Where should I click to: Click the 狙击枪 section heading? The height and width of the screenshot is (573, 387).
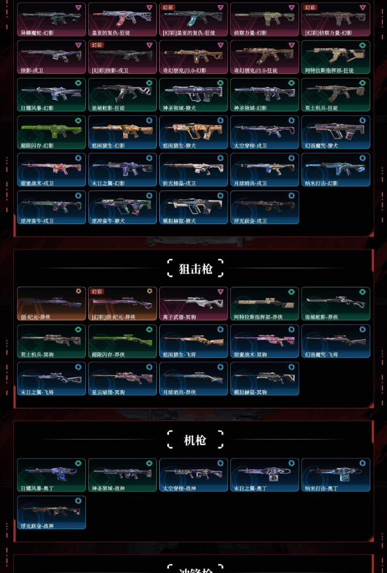195,268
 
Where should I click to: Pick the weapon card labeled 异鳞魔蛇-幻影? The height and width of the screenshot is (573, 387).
51,19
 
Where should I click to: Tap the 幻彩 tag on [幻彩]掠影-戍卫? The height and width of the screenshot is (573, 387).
97,44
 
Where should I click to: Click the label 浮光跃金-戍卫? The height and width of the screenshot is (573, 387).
250,221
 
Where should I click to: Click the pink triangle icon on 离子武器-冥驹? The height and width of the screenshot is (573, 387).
220,291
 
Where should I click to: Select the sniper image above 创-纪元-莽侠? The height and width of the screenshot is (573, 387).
51,301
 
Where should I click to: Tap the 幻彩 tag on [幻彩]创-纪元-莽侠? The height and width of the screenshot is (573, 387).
97,291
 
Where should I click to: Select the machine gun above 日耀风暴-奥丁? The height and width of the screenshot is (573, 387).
51,472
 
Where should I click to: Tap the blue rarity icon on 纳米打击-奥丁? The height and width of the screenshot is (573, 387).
362,463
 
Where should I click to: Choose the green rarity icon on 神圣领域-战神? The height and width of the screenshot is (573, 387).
149,463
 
